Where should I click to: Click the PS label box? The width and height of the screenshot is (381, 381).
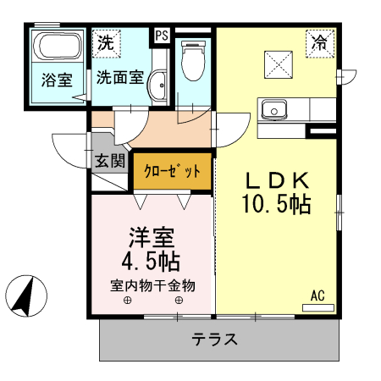(x=160, y=36)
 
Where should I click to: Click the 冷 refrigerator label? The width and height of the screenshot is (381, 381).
(x=320, y=41)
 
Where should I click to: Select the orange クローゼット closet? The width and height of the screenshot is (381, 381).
(x=172, y=170)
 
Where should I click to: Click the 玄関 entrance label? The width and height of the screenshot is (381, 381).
(x=110, y=159)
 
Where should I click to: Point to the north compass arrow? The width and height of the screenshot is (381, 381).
(x=23, y=296)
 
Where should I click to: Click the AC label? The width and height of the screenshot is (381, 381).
(x=317, y=295)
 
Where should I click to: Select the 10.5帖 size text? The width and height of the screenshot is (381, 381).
(x=277, y=204)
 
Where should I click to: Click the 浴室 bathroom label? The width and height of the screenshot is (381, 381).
(x=57, y=80)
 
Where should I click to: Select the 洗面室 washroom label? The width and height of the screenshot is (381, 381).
(x=118, y=78)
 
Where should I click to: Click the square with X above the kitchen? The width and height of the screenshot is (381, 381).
(x=278, y=63)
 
